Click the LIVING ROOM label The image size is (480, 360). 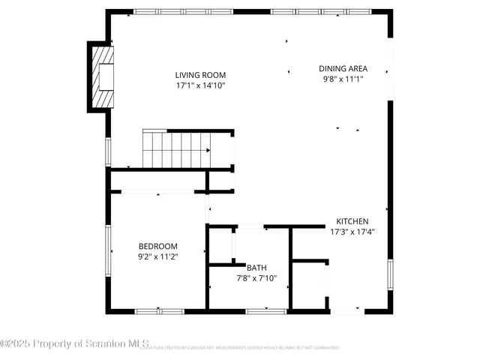200,75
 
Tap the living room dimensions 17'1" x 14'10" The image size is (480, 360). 200,85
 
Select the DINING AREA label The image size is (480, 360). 343,68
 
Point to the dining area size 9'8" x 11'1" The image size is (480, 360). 343,79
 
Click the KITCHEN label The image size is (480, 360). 352,221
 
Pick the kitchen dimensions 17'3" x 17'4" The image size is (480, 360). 352,232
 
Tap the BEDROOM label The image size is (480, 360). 157,246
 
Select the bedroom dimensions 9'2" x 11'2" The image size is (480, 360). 157,256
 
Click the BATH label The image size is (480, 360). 256,267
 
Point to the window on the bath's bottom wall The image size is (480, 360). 260,310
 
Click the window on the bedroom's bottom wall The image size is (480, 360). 159,310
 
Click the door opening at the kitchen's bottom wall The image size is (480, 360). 346,310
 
